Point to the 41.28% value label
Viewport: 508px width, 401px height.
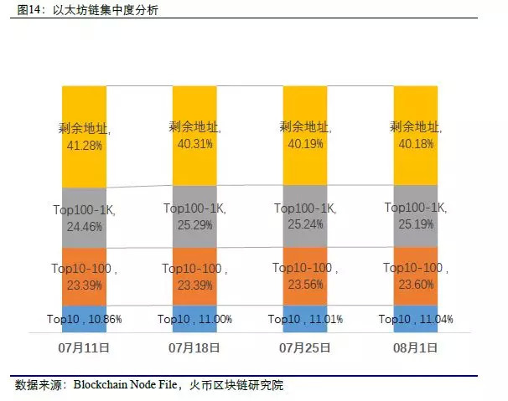[x=84, y=145]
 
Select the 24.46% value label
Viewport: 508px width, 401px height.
[x=84, y=225]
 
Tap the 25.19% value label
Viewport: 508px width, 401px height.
[x=415, y=223]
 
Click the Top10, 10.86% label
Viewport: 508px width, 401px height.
[x=84, y=320]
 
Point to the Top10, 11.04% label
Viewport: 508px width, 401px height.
[x=415, y=319]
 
